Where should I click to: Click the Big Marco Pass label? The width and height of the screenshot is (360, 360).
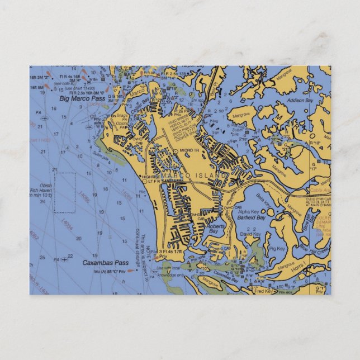coord(82,98)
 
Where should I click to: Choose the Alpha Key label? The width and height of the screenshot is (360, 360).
coord(248,212)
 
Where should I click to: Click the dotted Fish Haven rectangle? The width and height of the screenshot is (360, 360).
coord(64,193)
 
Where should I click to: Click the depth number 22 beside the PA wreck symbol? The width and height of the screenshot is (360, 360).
coord(69,257)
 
